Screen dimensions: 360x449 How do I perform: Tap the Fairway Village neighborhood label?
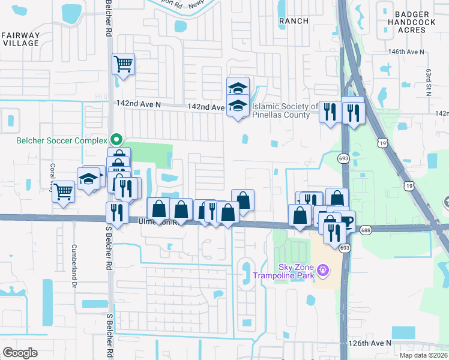click(21, 39)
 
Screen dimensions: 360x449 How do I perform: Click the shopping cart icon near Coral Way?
click(63, 192)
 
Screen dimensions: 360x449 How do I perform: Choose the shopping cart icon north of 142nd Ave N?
click(123, 63)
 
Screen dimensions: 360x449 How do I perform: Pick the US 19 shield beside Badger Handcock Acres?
click(382, 143)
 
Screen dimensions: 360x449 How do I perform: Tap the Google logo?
click(20, 353)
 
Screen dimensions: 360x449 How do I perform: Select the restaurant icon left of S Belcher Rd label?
click(116, 212)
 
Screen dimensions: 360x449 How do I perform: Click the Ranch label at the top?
click(294, 21)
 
